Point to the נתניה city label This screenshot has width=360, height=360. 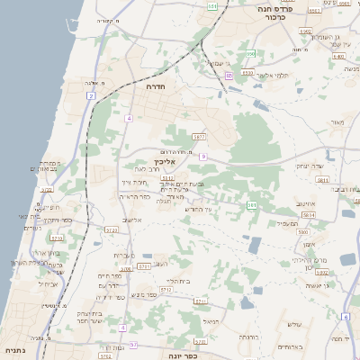pyautogui.click(x=14, y=349)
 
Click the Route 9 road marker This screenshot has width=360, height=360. pyautogui.click(x=204, y=157)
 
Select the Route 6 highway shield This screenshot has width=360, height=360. pyautogui.click(x=346, y=317)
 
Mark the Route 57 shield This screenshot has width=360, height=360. pyautogui.click(x=133, y=345)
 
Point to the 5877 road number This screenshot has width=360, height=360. pyautogui.click(x=199, y=137)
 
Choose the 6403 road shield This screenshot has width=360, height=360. pyautogui.click(x=339, y=56)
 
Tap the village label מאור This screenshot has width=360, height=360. pyautogui.click(x=337, y=121)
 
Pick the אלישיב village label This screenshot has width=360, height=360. pyautogui.click(x=133, y=220)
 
